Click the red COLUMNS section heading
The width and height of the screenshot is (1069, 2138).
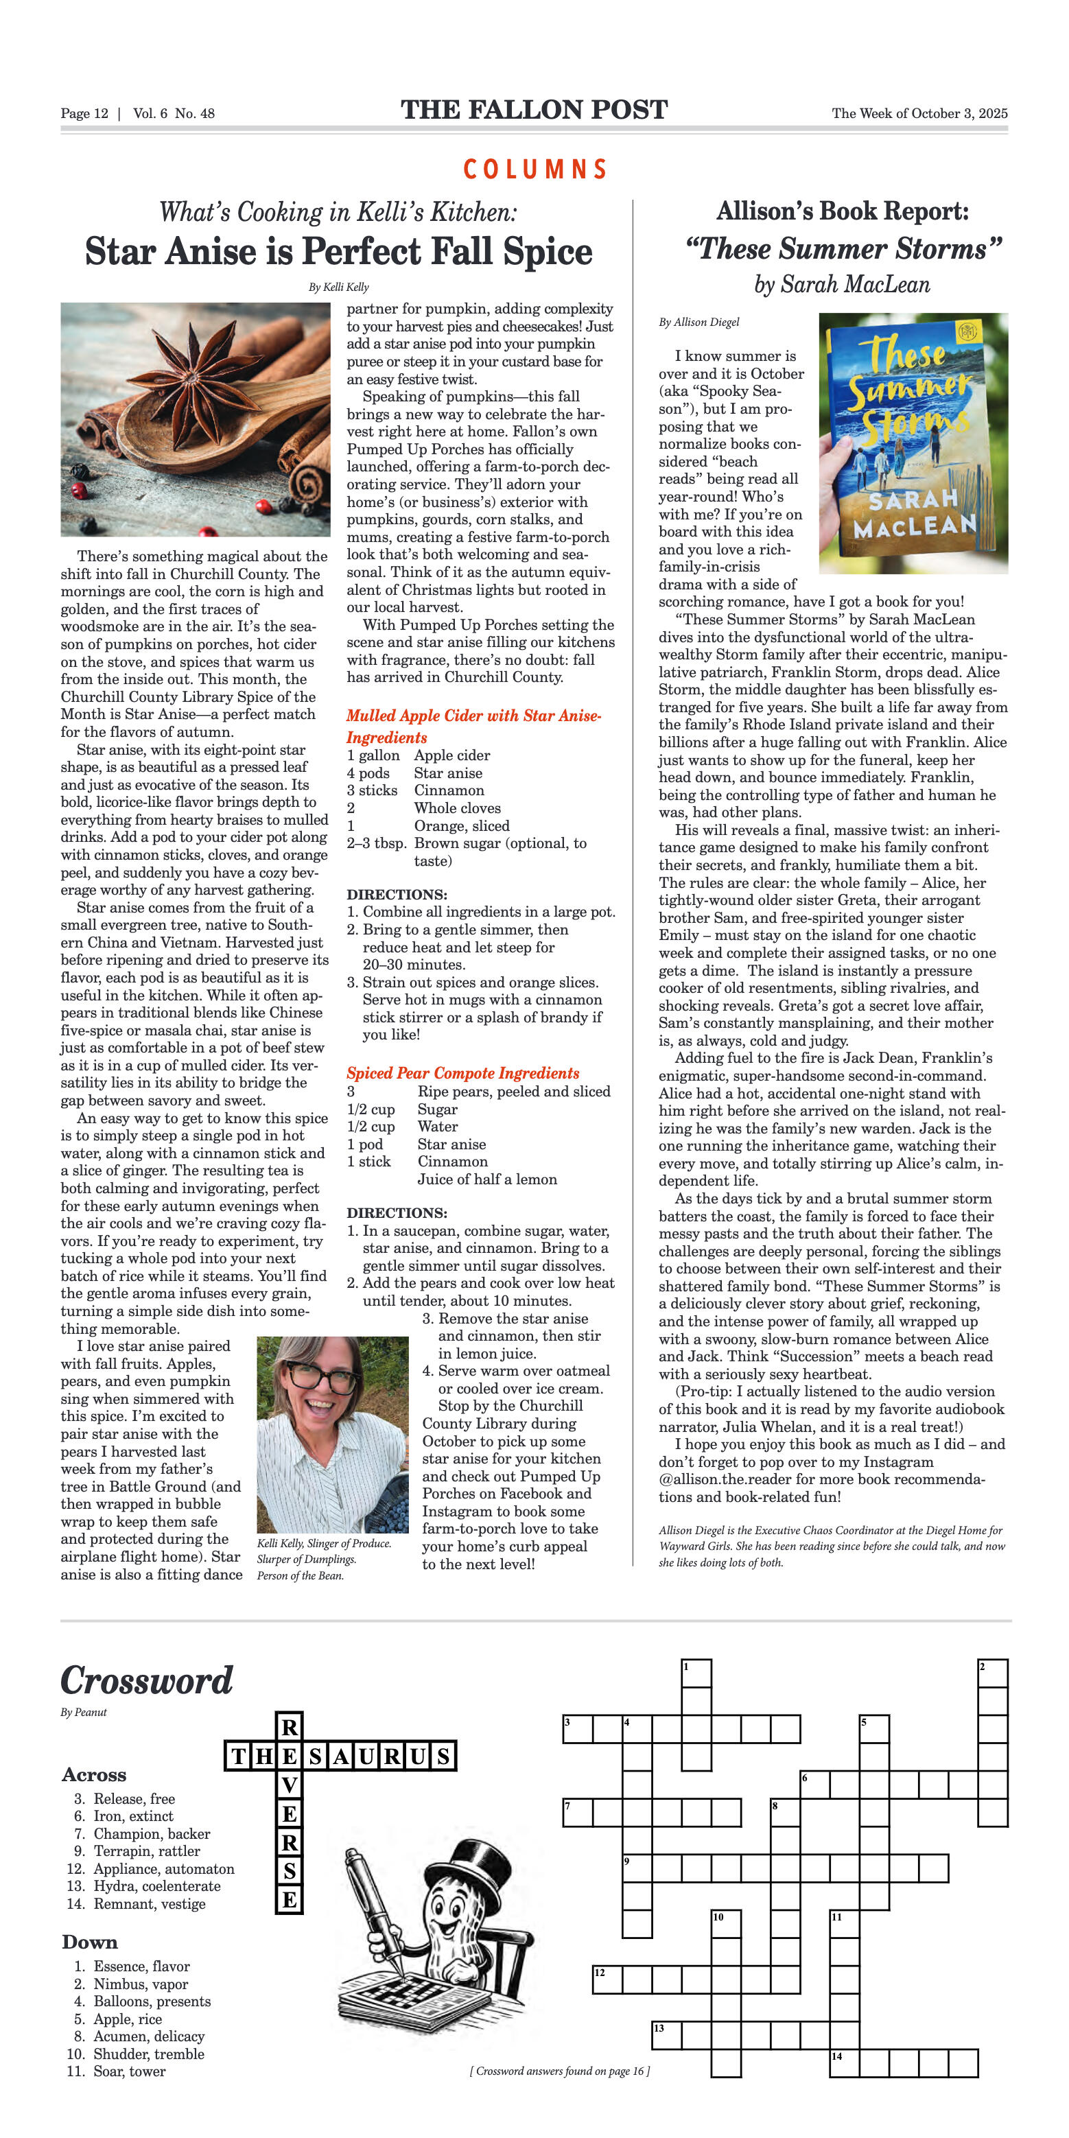coord(534,169)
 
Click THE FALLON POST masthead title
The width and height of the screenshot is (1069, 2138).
coord(534,110)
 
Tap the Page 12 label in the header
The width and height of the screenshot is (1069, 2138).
coord(84,114)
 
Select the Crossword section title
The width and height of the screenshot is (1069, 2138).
coord(147,1680)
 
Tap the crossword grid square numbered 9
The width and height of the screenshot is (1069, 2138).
coord(637,1868)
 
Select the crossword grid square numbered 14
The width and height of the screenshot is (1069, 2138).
coord(844,2063)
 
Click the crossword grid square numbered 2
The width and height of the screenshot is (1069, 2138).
coord(993,1673)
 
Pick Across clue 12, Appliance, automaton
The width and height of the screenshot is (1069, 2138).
coord(151,1868)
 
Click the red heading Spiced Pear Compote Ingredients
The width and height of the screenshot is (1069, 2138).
coord(462,1073)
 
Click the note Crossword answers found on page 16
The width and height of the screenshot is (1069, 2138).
coord(559,2071)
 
